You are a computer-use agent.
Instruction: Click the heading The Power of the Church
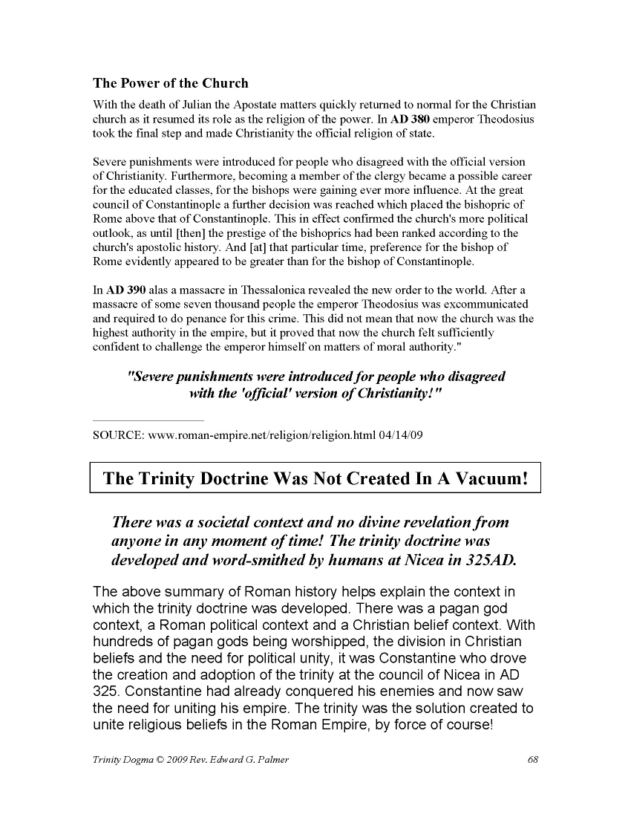pos(170,82)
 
